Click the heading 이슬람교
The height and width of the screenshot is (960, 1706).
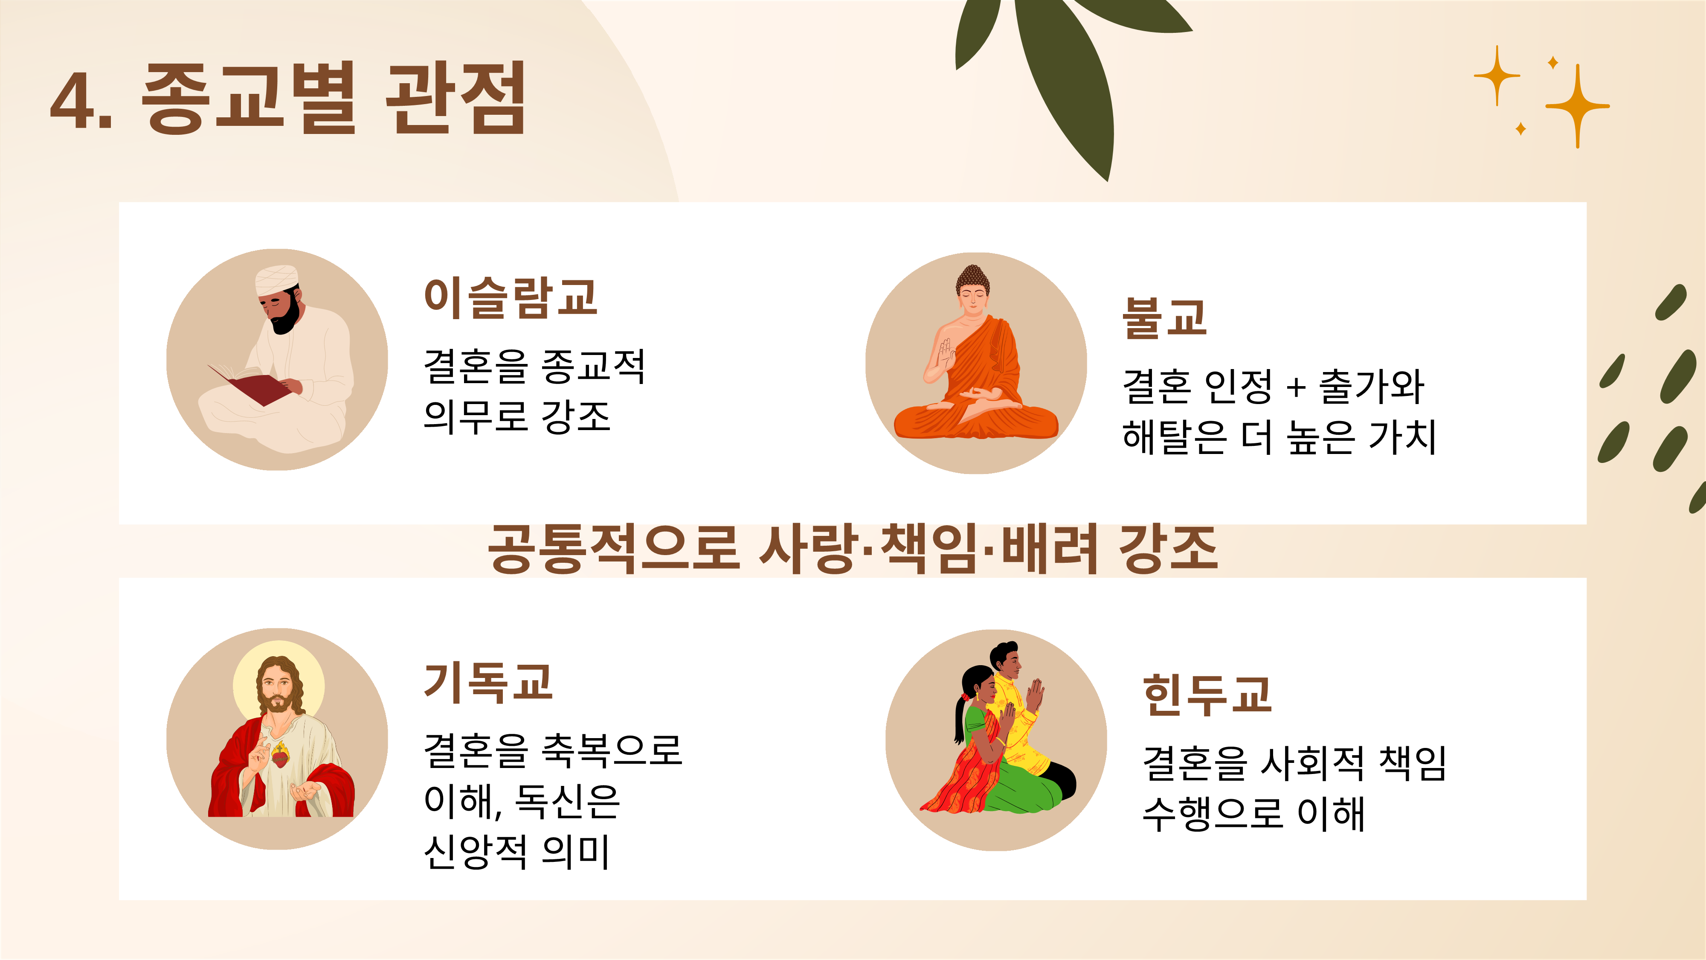[511, 298]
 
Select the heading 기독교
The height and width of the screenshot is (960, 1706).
[488, 682]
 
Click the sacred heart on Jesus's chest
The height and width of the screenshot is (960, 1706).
[281, 756]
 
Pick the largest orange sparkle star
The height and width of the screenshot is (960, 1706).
[1578, 106]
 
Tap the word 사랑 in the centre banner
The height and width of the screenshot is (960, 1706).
[807, 548]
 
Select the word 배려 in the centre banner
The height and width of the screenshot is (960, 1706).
[1051, 548]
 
